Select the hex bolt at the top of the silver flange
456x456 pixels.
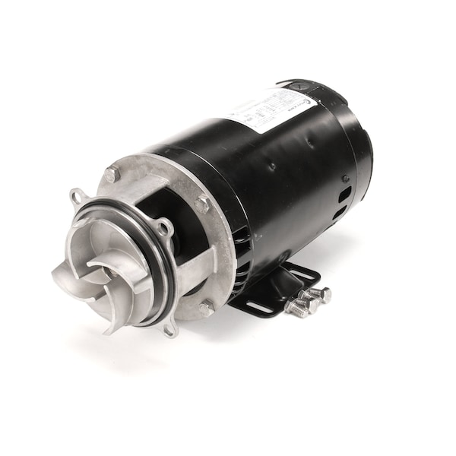pyautogui.click(x=112, y=174)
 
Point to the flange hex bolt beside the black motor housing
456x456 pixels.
pyautogui.click(x=201, y=204)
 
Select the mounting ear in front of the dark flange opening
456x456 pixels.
pyautogui.click(x=162, y=226)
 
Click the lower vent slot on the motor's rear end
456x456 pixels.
pyautogui.click(x=338, y=214)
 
